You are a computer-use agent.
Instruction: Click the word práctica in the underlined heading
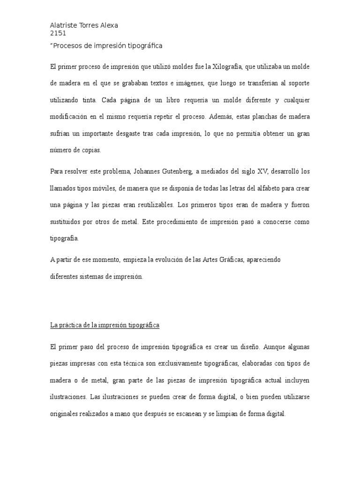(x=73, y=325)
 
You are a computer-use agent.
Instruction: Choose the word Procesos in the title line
(x=68, y=45)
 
